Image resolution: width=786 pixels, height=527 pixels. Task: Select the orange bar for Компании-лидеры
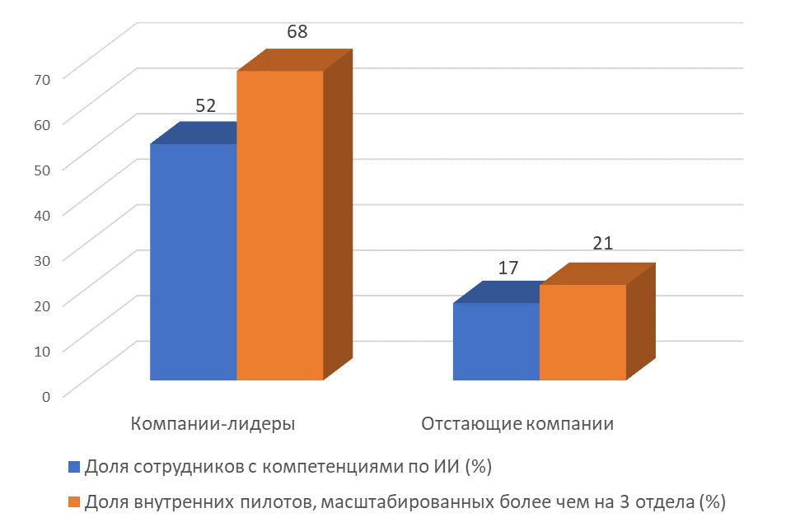pos(280,226)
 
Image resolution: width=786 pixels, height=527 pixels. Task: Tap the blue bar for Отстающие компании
pos(497,342)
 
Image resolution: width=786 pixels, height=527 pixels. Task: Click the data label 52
pos(205,106)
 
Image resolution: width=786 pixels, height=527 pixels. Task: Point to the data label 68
pos(297,33)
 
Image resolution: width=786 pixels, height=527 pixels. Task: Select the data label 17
pos(508,268)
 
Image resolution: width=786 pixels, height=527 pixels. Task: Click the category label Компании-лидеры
pos(213,424)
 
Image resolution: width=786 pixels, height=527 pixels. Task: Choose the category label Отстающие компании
pos(517,424)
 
